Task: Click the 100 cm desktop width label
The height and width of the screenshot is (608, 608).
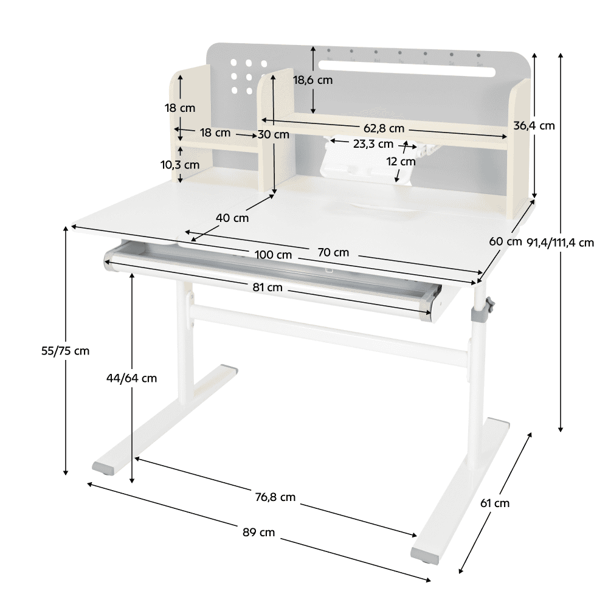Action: (x=273, y=255)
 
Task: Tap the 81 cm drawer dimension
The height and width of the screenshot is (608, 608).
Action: (x=268, y=288)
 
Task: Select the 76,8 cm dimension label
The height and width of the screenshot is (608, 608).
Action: (x=275, y=497)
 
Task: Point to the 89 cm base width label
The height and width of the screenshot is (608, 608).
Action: (x=258, y=533)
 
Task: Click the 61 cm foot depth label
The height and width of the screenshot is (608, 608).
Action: (x=495, y=503)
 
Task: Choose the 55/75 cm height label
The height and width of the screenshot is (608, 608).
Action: (x=65, y=351)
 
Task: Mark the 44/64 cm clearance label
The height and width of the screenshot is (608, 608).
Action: (x=132, y=378)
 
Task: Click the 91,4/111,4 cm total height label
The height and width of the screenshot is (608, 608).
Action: (x=561, y=243)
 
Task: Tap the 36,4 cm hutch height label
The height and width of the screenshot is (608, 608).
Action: (x=534, y=126)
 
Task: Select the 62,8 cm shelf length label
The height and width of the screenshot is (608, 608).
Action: (x=384, y=128)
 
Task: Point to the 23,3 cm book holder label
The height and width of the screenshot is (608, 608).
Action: (x=373, y=144)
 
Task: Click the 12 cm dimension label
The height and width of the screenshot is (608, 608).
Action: (x=401, y=161)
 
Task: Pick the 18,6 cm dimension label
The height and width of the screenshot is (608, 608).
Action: (x=313, y=80)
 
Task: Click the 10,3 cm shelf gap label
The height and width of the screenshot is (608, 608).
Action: (x=180, y=165)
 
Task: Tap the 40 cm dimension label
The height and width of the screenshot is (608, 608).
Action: (x=232, y=218)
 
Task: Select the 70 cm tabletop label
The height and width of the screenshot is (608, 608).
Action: (x=333, y=252)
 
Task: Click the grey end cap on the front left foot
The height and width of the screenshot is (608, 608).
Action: (x=104, y=468)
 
